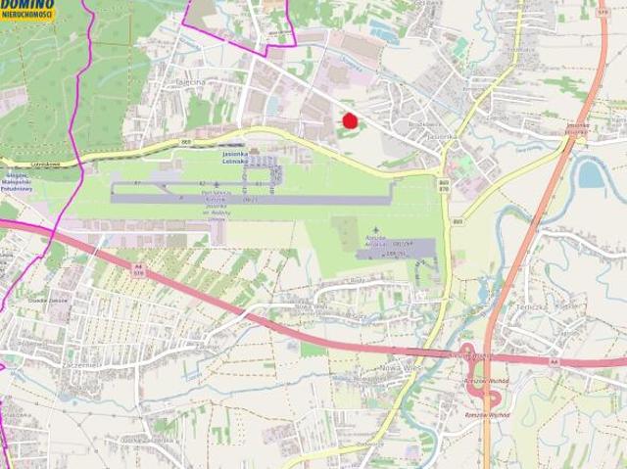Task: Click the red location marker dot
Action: click(349, 120)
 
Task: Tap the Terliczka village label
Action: click(527, 305)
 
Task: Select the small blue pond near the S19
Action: click(590, 174)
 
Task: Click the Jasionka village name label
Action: click(441, 137)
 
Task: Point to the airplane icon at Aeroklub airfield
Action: click(373, 230)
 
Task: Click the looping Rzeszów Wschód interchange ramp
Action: click(492, 397)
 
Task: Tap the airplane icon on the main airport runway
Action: click(217, 184)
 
